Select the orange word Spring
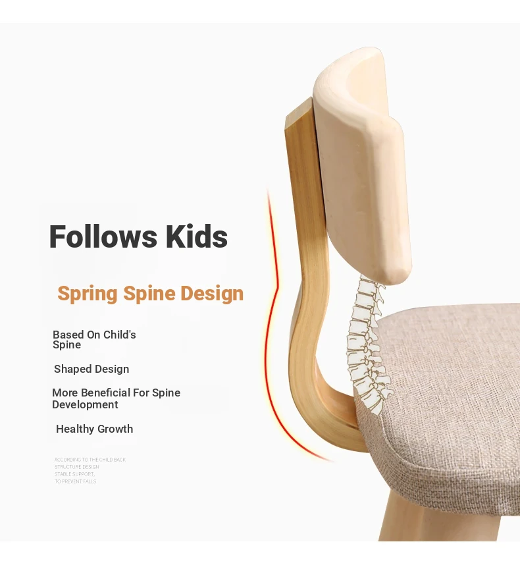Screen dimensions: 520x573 click(x=88, y=294)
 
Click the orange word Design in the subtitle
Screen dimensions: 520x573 click(x=212, y=293)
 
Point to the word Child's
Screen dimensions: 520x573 click(x=119, y=335)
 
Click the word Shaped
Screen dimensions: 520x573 click(x=72, y=369)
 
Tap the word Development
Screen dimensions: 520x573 click(x=85, y=404)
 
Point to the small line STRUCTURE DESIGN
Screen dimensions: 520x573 click(x=77, y=467)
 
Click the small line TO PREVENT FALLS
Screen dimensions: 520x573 click(x=76, y=481)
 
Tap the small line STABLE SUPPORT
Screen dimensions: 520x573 click(x=74, y=474)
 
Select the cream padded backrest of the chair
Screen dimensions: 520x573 click(x=361, y=165)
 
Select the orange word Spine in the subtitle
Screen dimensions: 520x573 click(x=149, y=294)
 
